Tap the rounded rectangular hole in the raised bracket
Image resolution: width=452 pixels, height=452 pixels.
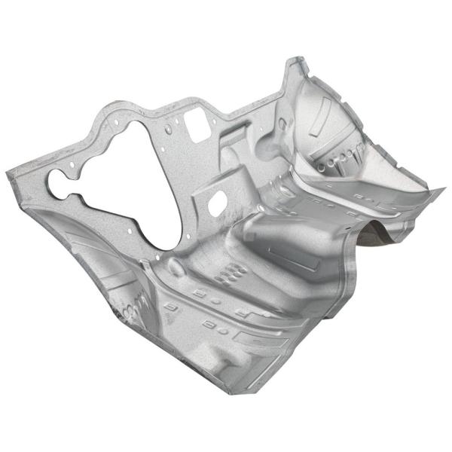pos(216,201)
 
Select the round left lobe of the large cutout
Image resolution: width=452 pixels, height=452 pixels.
pos(59,182)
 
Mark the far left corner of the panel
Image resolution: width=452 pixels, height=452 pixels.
pos(9,175)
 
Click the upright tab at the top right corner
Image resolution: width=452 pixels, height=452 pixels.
pos(296,66)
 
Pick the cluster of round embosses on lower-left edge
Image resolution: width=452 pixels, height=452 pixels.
pos(130,309)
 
